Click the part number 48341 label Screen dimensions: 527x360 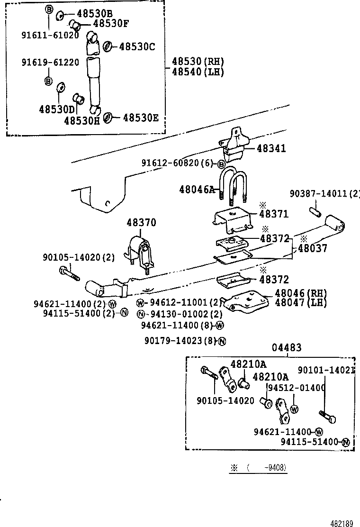(x=271, y=149)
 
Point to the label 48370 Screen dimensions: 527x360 (x=141, y=223)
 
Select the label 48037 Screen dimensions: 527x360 (x=312, y=248)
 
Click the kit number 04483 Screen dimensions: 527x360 (x=286, y=348)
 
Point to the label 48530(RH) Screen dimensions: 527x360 (x=198, y=62)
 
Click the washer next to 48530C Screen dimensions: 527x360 (x=108, y=46)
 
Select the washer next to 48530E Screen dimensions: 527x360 (x=108, y=117)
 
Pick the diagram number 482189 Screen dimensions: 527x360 (x=342, y=523)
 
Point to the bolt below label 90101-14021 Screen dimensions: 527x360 (x=327, y=417)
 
